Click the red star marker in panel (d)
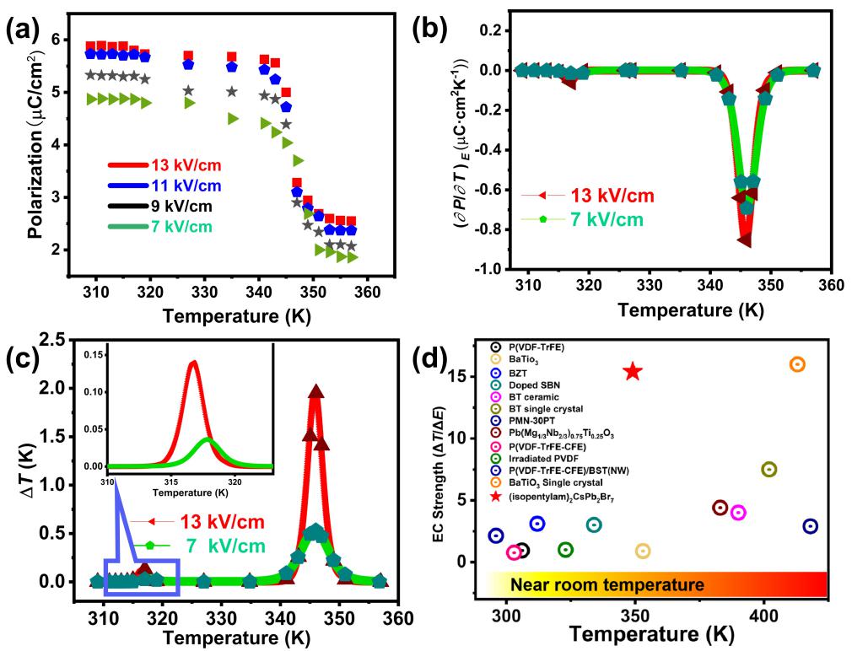[x=633, y=371]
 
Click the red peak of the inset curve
[x=195, y=363]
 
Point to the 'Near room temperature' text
[x=607, y=584]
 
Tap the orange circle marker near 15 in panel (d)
[x=797, y=364]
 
